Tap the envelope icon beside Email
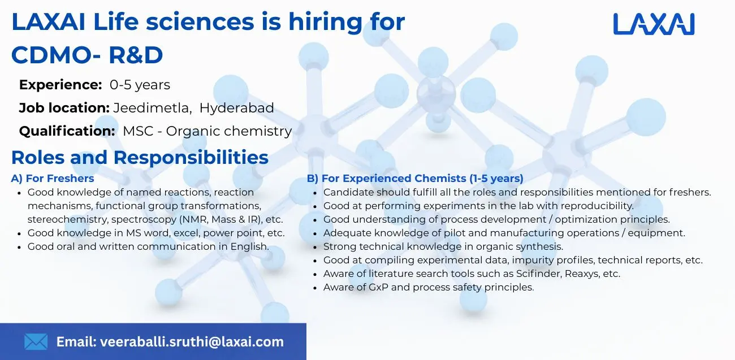pyautogui.click(x=36, y=341)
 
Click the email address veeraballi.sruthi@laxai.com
pyautogui.click(x=191, y=341)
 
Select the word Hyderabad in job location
pyautogui.click(x=236, y=108)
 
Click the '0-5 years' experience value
pyautogui.click(x=140, y=85)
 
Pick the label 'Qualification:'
pyautogui.click(x=67, y=131)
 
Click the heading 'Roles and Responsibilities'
pyautogui.click(x=140, y=157)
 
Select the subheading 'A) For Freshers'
pyautogui.click(x=53, y=179)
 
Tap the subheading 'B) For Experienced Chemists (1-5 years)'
pyautogui.click(x=415, y=179)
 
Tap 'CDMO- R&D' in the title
pyautogui.click(x=87, y=55)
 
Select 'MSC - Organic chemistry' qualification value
pyautogui.click(x=207, y=131)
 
